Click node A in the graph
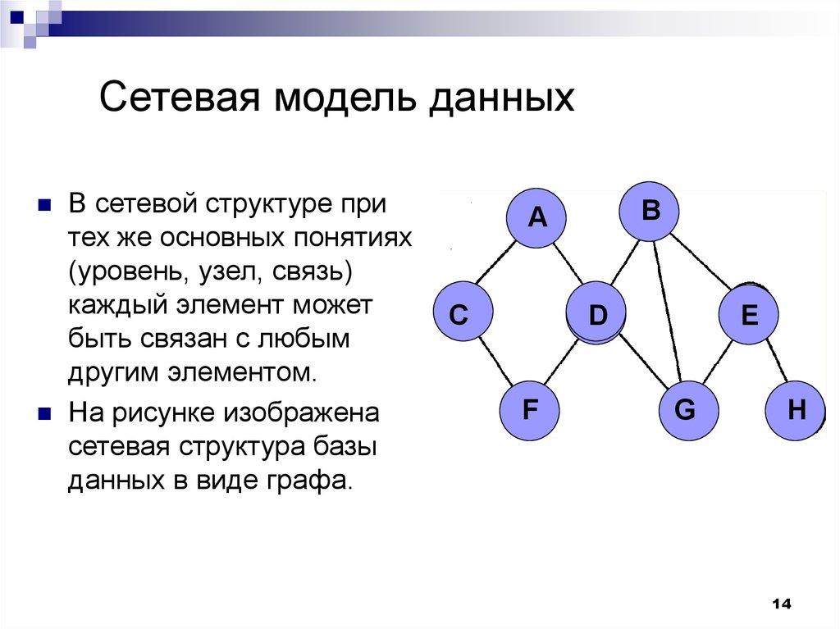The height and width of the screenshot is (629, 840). point(536,217)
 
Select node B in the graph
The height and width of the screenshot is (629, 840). point(651,211)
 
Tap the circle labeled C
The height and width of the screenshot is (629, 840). point(460,315)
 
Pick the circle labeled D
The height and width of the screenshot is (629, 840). point(596,314)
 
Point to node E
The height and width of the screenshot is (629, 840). point(749,315)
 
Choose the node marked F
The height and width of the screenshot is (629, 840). point(530,409)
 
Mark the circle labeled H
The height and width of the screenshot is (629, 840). point(796,409)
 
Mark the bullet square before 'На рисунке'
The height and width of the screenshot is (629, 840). point(46,412)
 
